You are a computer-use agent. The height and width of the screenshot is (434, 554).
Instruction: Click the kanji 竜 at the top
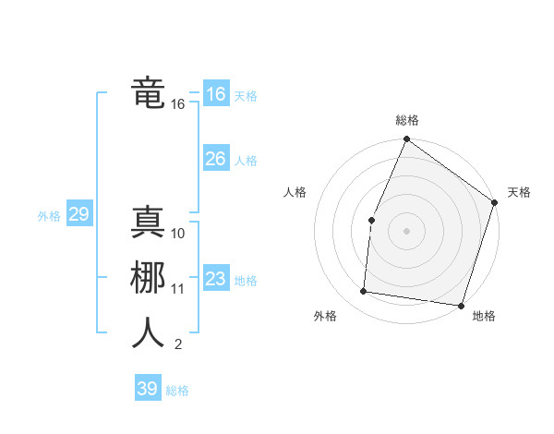click(149, 93)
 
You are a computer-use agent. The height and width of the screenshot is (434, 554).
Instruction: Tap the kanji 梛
click(149, 278)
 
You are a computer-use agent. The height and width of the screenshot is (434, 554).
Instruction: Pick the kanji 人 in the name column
click(149, 333)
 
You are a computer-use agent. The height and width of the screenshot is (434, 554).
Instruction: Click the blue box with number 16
click(215, 94)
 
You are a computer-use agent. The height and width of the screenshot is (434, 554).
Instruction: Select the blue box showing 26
click(215, 159)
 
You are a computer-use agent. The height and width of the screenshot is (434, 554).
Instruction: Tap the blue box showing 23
click(215, 279)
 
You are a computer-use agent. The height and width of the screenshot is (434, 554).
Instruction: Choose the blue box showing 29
click(78, 215)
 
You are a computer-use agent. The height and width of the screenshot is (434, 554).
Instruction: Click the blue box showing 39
click(147, 389)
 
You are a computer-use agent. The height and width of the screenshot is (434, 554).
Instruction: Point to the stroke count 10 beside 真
click(178, 233)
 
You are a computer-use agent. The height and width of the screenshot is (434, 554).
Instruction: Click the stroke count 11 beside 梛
click(178, 289)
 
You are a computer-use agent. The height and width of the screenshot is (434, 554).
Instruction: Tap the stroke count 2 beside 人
click(177, 345)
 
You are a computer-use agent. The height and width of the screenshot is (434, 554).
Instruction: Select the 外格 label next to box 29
click(49, 216)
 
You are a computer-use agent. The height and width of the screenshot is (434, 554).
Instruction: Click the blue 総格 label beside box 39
click(177, 391)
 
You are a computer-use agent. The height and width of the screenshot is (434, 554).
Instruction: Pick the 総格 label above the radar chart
click(407, 120)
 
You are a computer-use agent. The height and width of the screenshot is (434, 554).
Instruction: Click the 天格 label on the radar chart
click(519, 192)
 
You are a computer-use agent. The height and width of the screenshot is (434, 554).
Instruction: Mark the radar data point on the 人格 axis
click(371, 220)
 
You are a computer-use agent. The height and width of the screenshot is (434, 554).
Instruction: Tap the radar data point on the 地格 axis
click(461, 305)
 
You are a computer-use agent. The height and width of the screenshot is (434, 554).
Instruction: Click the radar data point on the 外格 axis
click(364, 292)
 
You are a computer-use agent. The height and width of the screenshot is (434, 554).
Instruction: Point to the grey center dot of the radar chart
click(406, 230)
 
